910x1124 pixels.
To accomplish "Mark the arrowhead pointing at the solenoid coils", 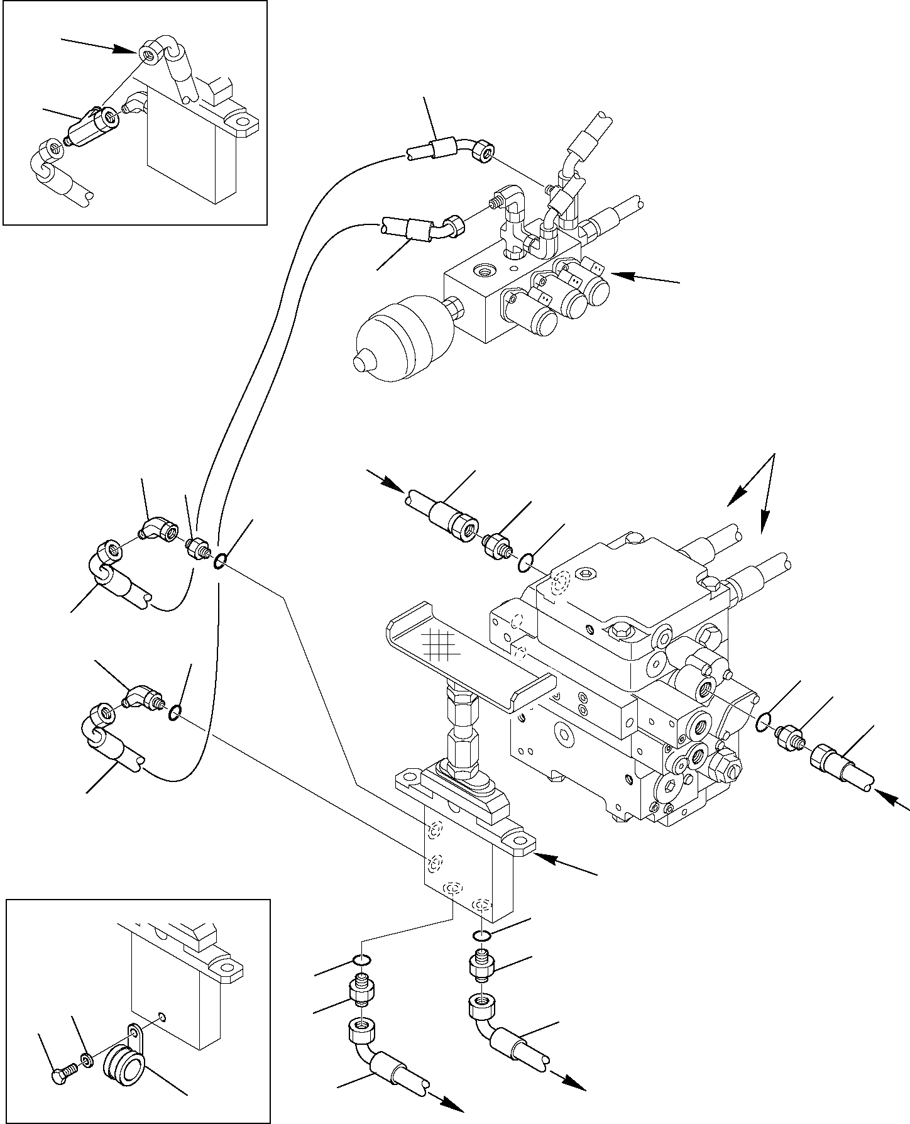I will click(618, 275).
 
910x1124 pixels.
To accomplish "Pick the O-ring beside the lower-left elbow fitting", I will click(177, 712).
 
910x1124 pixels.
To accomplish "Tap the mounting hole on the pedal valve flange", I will click(520, 842).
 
